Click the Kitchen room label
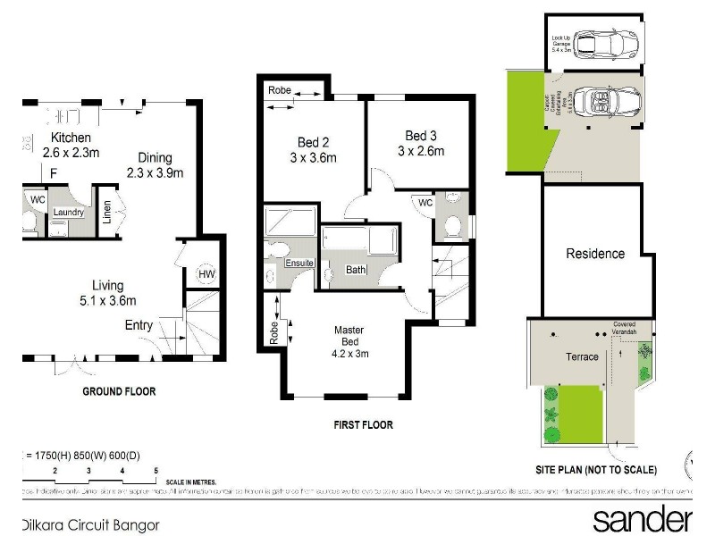pyautogui.click(x=71, y=138)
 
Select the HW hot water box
pyautogui.click(x=206, y=274)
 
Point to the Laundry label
pyautogui.click(x=69, y=212)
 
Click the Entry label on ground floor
pyautogui.click(x=139, y=325)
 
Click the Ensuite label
pyautogui.click(x=299, y=263)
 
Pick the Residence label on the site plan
pyautogui.click(x=595, y=254)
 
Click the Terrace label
pyautogui.click(x=582, y=356)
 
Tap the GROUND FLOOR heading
pyautogui.click(x=119, y=391)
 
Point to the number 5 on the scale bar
pyautogui.click(x=156, y=470)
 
